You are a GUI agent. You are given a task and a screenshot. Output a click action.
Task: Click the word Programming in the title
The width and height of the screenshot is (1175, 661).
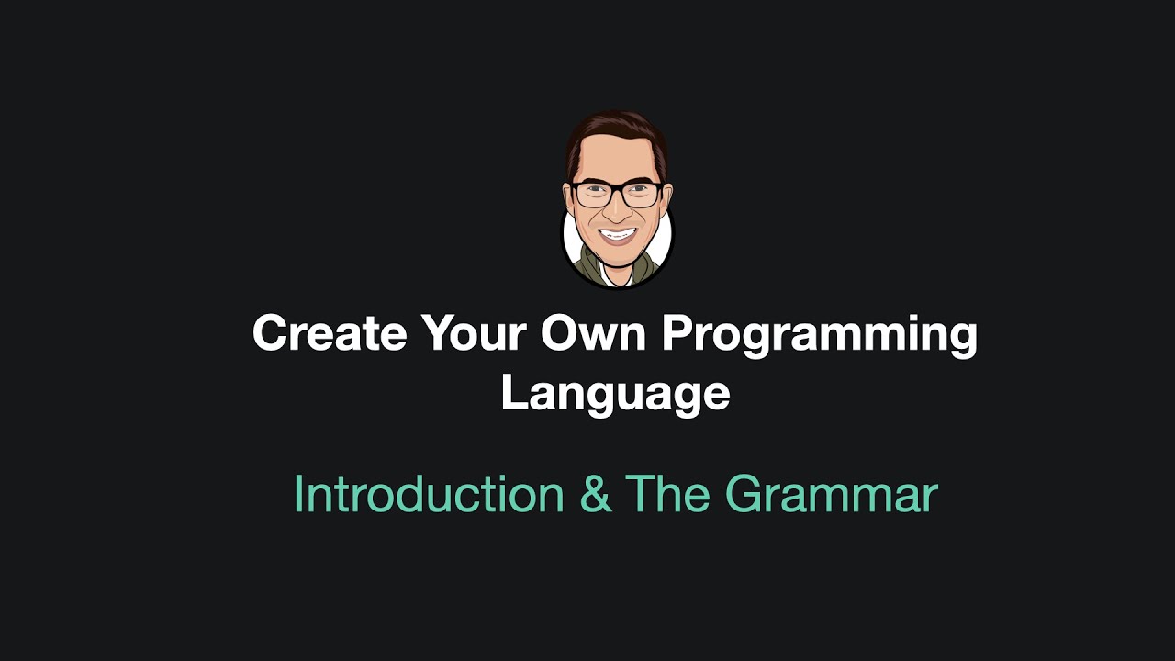coord(820,335)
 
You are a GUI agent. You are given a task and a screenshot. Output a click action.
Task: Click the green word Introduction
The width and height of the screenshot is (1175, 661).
coord(429,494)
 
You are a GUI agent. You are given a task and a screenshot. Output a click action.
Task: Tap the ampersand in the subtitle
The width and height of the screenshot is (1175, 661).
coord(595,495)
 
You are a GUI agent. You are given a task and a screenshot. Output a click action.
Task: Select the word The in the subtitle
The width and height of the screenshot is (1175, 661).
coord(667,494)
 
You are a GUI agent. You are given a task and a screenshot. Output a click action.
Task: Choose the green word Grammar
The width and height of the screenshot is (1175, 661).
coord(831,496)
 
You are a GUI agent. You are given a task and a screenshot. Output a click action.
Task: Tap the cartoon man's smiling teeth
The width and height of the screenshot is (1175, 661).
coord(616,234)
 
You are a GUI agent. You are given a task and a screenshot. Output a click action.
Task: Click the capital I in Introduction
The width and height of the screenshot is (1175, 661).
coord(298,494)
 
